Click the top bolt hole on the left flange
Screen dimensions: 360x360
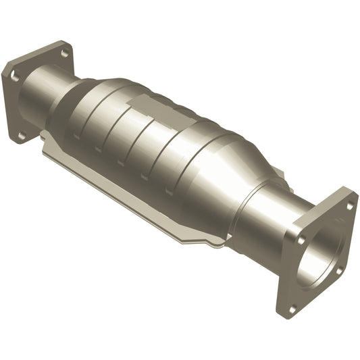click(64, 52)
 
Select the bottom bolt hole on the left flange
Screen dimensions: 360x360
click(23, 136)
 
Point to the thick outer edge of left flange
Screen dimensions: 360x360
click(8, 101)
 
